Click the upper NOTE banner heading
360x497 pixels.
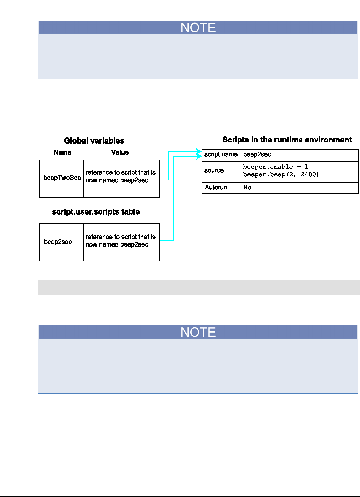[198, 28]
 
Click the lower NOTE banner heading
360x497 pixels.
[198, 332]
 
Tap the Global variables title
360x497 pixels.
[94, 141]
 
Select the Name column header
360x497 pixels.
[62, 152]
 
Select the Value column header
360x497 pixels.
[120, 152]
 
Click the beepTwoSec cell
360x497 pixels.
[62, 178]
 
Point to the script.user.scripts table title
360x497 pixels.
[96, 212]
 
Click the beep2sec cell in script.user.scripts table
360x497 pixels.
[58, 242]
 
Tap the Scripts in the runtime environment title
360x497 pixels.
[287, 140]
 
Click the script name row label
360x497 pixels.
[221, 155]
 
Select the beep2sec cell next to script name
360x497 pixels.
[257, 155]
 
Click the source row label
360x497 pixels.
[214, 171]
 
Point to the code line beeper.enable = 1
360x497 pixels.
[276, 167]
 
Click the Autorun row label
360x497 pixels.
[216, 188]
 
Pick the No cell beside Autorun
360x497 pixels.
[247, 188]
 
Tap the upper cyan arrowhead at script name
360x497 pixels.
[199, 151]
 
